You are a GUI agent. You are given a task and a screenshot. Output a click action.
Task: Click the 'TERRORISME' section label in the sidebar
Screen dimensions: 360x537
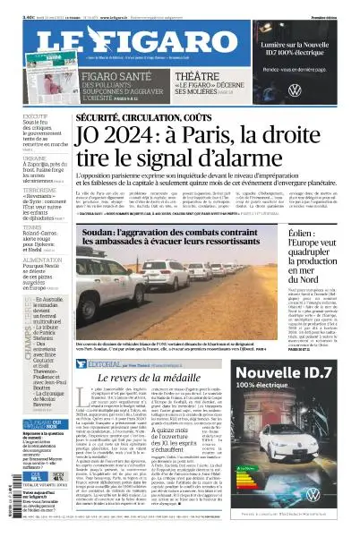tap(20, 191)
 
